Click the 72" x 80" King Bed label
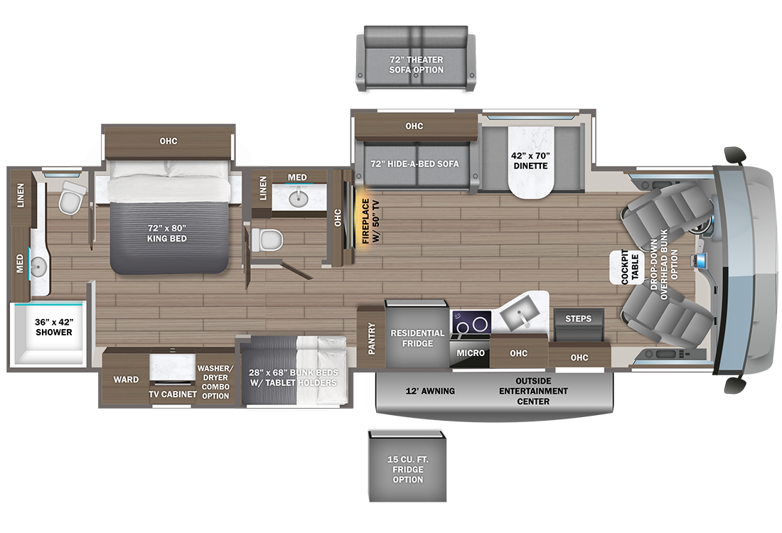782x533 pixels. click(x=166, y=233)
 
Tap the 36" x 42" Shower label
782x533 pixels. click(x=54, y=327)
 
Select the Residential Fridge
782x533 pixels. click(x=417, y=333)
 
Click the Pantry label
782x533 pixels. click(x=372, y=338)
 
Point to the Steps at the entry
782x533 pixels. click(x=579, y=325)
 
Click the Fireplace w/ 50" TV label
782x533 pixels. click(x=370, y=221)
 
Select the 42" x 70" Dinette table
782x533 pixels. click(x=530, y=161)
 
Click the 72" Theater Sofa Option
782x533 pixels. click(x=416, y=58)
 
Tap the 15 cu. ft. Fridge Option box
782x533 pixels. click(x=407, y=465)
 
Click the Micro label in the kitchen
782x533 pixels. click(x=471, y=353)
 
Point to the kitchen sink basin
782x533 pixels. click(x=521, y=314)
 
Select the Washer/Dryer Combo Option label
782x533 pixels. click(x=215, y=382)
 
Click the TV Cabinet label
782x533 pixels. click(x=173, y=394)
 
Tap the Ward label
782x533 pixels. click(x=126, y=379)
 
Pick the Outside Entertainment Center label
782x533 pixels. click(x=533, y=391)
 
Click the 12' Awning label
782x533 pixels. click(x=430, y=391)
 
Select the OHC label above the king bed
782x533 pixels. click(x=168, y=141)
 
